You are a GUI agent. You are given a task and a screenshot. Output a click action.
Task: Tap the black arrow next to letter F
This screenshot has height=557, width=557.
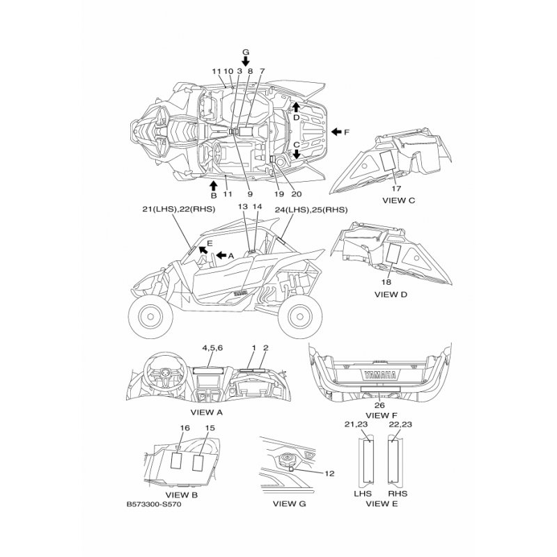[336, 132]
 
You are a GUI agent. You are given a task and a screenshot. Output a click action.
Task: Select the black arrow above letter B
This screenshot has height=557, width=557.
[213, 185]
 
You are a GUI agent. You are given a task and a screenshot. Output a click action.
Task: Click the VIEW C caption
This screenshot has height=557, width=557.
[398, 201]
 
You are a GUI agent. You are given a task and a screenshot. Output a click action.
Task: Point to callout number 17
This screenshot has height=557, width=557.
[396, 189]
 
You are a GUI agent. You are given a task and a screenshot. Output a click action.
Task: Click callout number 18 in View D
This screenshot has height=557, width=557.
[386, 282]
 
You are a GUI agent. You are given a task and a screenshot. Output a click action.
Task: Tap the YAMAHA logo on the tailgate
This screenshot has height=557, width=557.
[379, 375]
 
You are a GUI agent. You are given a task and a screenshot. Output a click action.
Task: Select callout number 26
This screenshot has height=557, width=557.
[379, 405]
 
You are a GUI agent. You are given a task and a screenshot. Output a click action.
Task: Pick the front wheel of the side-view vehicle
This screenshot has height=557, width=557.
[150, 316]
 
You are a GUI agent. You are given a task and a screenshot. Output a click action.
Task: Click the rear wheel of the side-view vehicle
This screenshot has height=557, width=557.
[300, 316]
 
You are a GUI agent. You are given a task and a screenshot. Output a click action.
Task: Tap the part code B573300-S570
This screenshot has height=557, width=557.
[154, 504]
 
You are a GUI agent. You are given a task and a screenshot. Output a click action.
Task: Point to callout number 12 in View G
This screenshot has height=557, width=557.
[329, 473]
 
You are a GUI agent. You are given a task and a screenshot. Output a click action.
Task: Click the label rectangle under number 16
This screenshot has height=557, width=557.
[176, 461]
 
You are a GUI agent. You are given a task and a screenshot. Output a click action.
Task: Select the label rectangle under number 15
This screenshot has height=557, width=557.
[198, 462]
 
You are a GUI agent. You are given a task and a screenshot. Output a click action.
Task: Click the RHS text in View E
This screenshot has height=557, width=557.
[398, 494]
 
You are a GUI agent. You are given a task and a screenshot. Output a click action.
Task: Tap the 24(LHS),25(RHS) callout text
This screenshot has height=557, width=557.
[311, 210]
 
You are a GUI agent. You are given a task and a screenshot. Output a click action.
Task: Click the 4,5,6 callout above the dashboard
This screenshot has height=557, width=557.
[212, 347]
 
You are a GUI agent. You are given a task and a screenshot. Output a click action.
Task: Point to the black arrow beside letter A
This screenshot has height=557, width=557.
[221, 255]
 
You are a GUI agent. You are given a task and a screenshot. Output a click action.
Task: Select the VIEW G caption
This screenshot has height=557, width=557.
[289, 503]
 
